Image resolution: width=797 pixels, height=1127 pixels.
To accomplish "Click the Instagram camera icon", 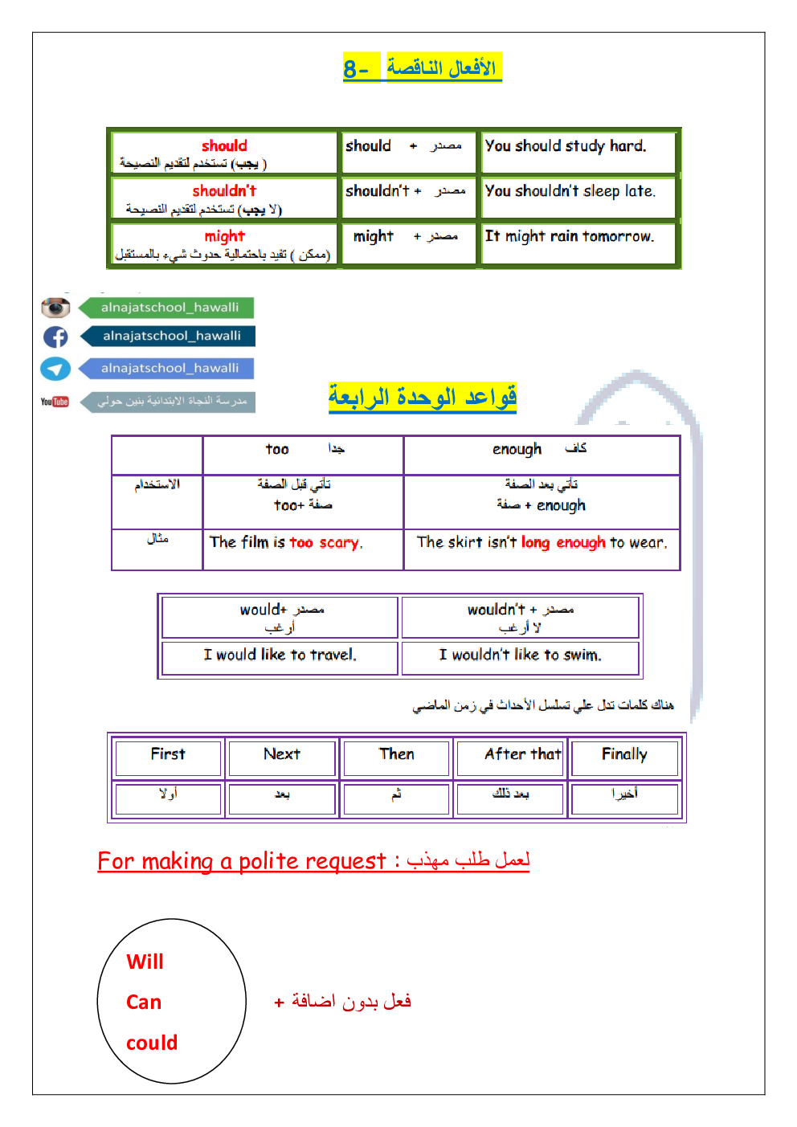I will (x=55, y=308).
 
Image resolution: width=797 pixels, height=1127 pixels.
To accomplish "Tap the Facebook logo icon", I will (x=55, y=337).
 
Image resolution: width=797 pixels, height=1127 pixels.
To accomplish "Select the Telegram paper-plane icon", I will (x=55, y=369).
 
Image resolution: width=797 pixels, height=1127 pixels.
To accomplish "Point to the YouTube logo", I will (x=55, y=402).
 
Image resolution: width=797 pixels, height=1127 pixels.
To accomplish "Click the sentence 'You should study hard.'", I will (x=566, y=146).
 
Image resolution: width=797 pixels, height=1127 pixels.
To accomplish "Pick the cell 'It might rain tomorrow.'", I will (x=570, y=236).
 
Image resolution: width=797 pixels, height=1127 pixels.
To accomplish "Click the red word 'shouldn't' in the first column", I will (x=224, y=191).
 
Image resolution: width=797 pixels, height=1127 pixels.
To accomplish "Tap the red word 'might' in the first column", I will (x=224, y=236).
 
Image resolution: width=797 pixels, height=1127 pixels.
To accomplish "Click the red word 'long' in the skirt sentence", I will (x=535, y=543).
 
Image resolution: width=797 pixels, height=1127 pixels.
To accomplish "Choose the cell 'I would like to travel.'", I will (x=280, y=655).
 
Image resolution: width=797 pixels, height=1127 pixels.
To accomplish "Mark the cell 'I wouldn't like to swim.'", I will (x=520, y=655).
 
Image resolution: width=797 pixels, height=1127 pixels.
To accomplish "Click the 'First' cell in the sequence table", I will (x=168, y=754).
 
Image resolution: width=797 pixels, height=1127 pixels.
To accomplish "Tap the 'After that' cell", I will (x=522, y=754).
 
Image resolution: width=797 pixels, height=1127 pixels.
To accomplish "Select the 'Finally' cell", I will (x=624, y=754).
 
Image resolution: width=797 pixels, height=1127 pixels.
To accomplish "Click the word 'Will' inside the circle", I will (x=145, y=962).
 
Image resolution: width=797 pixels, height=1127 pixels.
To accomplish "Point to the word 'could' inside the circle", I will (x=152, y=1043).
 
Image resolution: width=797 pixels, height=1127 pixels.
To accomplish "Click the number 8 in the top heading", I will (x=350, y=69).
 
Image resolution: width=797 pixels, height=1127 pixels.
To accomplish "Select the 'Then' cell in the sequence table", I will (x=397, y=754).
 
